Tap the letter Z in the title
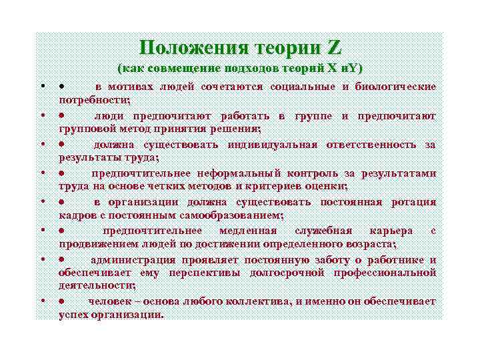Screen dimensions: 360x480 tap(334, 48)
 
